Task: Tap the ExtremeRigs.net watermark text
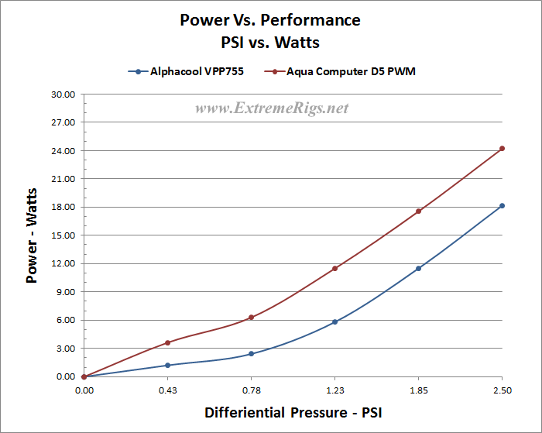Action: pos(272,108)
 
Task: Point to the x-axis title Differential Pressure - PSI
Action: pos(293,413)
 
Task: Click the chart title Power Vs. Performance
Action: pos(270,19)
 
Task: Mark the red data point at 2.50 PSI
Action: pos(502,148)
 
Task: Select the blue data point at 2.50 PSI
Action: pos(502,205)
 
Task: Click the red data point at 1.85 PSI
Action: pos(418,211)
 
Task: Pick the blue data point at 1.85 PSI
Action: pos(418,269)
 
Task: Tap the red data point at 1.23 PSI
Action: pos(334,269)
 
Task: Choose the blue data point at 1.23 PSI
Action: pos(334,321)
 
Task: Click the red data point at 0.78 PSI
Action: pos(251,317)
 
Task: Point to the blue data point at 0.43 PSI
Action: pos(167,365)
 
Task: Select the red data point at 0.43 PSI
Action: pos(167,342)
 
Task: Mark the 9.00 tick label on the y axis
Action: pos(66,292)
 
